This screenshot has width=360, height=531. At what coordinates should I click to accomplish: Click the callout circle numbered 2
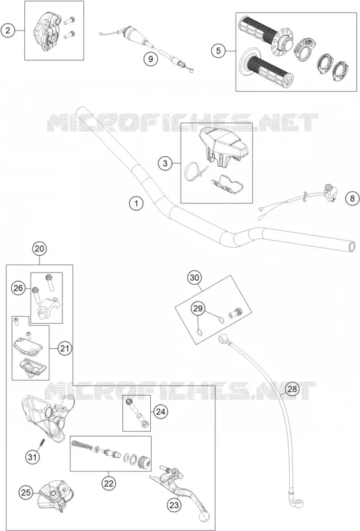click(x=8, y=31)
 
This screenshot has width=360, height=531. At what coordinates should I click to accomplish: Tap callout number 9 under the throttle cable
click(x=150, y=59)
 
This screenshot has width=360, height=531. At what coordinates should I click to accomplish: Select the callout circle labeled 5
click(x=218, y=51)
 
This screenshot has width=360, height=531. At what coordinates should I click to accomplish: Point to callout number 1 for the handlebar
click(x=136, y=204)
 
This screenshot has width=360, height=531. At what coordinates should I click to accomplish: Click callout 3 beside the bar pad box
click(x=165, y=163)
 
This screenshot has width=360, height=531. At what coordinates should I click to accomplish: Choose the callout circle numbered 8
click(x=352, y=198)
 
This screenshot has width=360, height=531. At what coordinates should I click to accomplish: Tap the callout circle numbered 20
click(x=40, y=249)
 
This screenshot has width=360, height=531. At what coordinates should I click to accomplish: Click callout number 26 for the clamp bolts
click(x=18, y=288)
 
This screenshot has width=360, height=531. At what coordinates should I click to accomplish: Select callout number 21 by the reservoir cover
click(x=65, y=348)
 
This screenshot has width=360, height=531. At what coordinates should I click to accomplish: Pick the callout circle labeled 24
click(x=161, y=411)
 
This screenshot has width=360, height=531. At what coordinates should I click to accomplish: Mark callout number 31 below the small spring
click(x=32, y=457)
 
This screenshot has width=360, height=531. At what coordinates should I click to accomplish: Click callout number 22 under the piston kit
click(x=108, y=483)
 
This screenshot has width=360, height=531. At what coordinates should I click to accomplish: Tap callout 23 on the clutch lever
click(x=174, y=505)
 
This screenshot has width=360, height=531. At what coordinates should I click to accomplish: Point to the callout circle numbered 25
click(x=26, y=492)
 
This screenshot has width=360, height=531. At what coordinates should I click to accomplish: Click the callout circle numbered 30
click(x=195, y=278)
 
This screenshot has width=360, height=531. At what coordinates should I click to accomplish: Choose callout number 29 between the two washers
click(x=198, y=309)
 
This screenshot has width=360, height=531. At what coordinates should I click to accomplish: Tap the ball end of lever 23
click(x=204, y=516)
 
